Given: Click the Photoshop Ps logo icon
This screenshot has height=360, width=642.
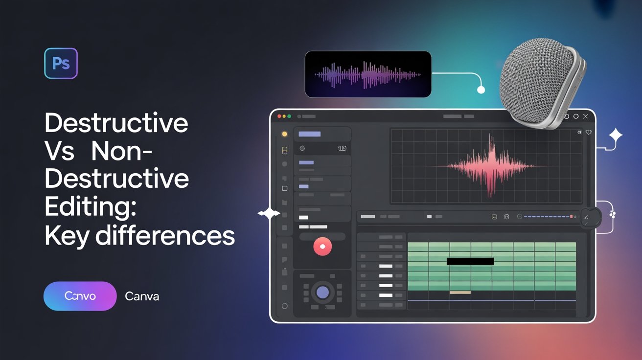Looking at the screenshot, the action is tap(61, 63).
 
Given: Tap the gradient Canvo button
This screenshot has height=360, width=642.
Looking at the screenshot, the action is tap(80, 296).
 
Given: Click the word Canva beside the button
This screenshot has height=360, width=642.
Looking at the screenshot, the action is tap(142, 296).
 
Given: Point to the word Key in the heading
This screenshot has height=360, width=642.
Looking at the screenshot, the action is tap(67, 236).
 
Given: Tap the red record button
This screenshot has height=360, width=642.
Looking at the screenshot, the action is tap(322, 247).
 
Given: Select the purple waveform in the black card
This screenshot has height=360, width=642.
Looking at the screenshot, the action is tap(367, 75).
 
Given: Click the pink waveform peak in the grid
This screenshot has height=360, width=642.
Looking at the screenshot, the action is tap(491, 165).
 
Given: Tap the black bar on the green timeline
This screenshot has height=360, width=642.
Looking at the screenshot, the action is tap(470, 261).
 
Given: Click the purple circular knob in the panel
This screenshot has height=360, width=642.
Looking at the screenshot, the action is tap(322, 292).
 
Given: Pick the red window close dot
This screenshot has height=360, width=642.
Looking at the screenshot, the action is tap(279, 116).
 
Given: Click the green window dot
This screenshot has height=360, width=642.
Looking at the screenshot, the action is tap(289, 116).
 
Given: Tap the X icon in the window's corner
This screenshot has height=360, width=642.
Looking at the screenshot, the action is tap(586, 116).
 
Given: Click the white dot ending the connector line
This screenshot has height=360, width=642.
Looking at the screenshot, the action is tap(481, 90).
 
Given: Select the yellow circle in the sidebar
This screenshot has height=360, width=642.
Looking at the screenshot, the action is tap(285, 134).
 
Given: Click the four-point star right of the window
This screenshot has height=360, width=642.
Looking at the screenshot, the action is tap(616, 135).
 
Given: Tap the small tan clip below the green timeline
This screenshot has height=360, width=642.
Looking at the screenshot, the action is tap(460, 292).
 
